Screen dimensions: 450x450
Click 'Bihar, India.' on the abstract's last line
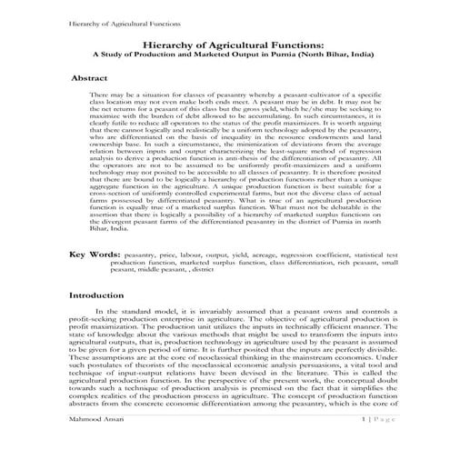click(108, 232)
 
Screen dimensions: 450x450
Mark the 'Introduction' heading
click(101, 296)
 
